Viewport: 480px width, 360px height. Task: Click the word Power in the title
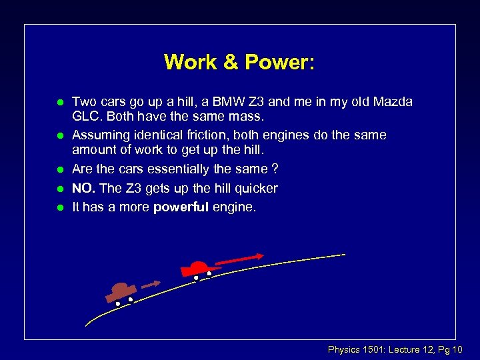pyautogui.click(x=280, y=62)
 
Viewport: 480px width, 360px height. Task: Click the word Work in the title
pyautogui.click(x=191, y=62)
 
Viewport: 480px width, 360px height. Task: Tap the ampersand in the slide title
pyautogui.click(x=230, y=62)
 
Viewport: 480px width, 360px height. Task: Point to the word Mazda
pyautogui.click(x=393, y=102)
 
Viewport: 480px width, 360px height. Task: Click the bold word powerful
pyautogui.click(x=181, y=207)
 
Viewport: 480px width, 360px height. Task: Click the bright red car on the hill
pyautogui.click(x=198, y=269)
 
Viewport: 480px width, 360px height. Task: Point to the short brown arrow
pyautogui.click(x=151, y=284)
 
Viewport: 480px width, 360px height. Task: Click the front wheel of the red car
pyautogui.click(x=209, y=273)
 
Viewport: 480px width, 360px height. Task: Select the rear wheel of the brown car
pyautogui.click(x=117, y=304)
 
